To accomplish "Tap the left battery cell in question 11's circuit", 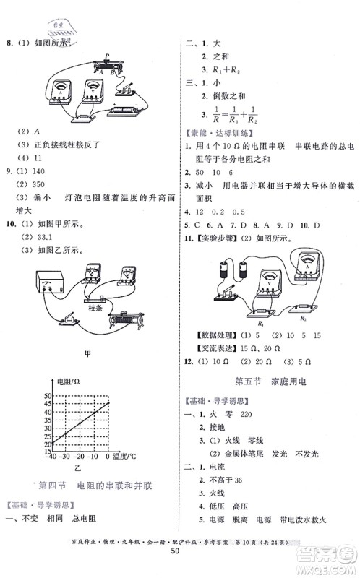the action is (x=220, y=273).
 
